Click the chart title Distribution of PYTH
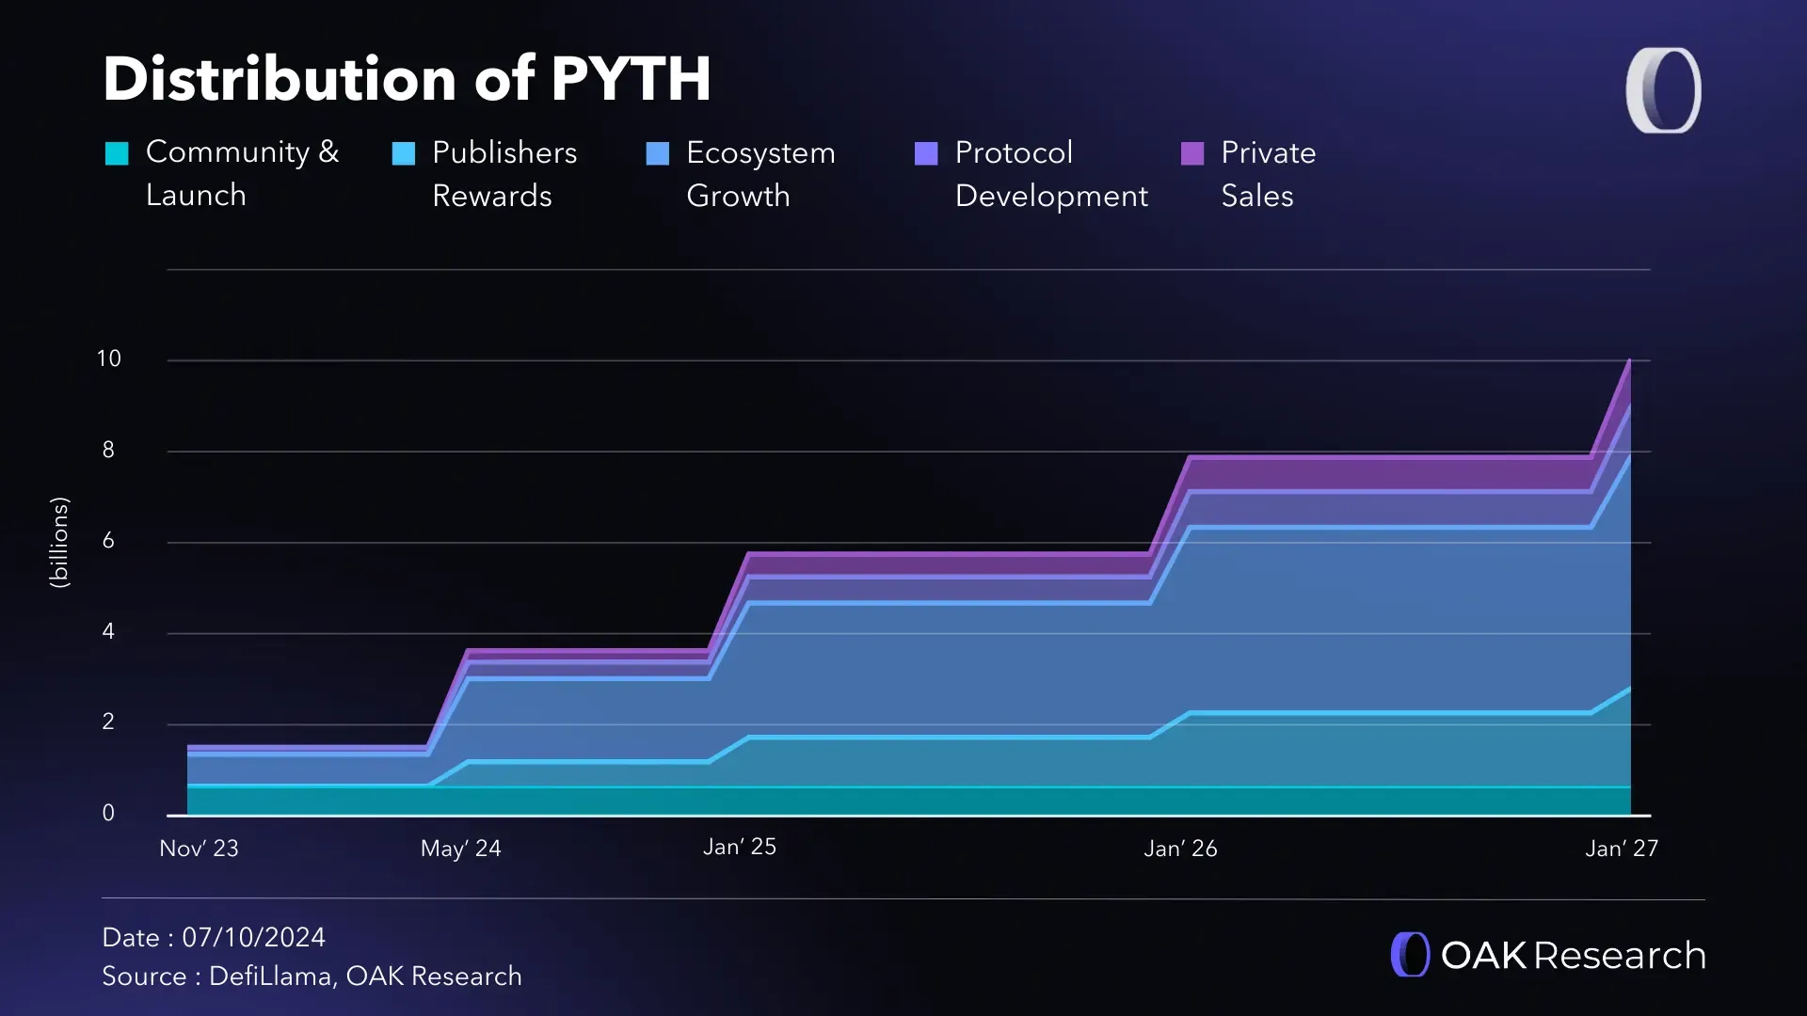(407, 79)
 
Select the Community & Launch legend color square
(117, 153)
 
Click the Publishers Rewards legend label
(504, 174)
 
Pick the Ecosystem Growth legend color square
(658, 153)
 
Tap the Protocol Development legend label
(1051, 174)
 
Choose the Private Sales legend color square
(1192, 153)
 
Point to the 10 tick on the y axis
(109, 358)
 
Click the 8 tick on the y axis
(108, 450)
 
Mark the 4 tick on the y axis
(108, 631)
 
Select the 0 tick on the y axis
(108, 813)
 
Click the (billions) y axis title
(59, 543)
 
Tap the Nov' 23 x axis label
(199, 849)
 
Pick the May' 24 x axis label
(460, 849)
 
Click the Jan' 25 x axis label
(740, 847)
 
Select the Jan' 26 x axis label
(1180, 849)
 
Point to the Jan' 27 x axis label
(1622, 849)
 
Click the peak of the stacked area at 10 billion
(1629, 361)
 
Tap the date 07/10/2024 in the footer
(253, 937)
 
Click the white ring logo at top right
(1663, 90)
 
